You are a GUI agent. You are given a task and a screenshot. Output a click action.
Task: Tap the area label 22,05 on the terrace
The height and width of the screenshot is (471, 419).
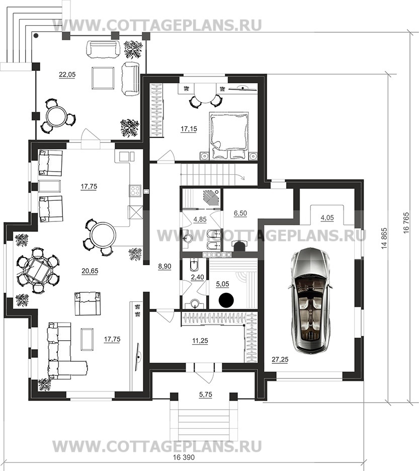point(67,75)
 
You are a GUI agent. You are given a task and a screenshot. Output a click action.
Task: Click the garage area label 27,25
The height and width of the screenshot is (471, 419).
point(280,360)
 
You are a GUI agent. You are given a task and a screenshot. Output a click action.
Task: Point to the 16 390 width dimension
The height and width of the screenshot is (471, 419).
point(184,466)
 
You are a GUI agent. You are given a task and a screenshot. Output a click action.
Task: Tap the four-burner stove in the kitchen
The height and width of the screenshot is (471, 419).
point(135,190)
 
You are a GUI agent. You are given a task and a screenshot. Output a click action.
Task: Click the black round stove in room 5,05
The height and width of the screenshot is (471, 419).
point(226,299)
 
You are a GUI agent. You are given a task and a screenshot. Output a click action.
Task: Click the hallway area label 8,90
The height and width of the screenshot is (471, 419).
point(164,266)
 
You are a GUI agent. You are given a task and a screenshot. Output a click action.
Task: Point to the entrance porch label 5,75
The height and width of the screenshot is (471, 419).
point(205,395)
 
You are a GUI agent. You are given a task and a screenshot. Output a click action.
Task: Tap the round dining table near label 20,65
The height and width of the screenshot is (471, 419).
point(103,234)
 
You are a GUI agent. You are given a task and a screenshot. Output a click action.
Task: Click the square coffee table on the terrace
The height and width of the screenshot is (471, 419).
point(103,78)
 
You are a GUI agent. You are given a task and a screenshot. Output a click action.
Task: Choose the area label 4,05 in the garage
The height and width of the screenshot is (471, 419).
point(327,217)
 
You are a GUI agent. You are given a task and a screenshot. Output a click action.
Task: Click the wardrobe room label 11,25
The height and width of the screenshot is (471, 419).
point(200,341)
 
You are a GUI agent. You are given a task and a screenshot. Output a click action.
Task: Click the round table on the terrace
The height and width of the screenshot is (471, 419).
point(57,117)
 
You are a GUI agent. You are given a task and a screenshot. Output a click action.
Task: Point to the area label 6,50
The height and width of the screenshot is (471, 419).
point(240,213)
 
